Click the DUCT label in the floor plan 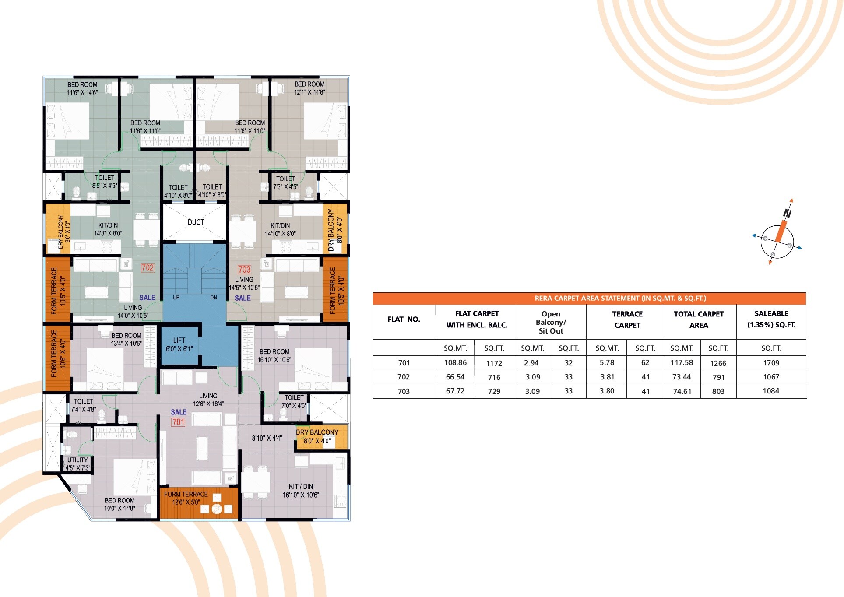coord(196,222)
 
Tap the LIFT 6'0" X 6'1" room coord(179,344)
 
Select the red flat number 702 coord(148,268)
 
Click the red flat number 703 coord(244,270)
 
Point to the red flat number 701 coord(178,422)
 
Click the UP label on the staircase coord(176,298)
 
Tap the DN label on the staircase coord(214,298)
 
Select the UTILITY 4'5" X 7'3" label coord(78,464)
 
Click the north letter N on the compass coord(788,213)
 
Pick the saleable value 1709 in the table coord(771,363)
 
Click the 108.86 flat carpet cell coord(455,363)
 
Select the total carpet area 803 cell coord(718,391)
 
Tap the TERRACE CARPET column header coord(627,320)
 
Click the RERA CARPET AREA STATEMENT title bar coord(589,298)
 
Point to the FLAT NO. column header coord(404,320)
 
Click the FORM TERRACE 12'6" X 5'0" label coord(186,498)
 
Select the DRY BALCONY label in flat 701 coord(317,436)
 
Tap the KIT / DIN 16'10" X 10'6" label coord(301,491)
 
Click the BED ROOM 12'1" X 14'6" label coord(309,88)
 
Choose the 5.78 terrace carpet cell coord(607,363)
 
